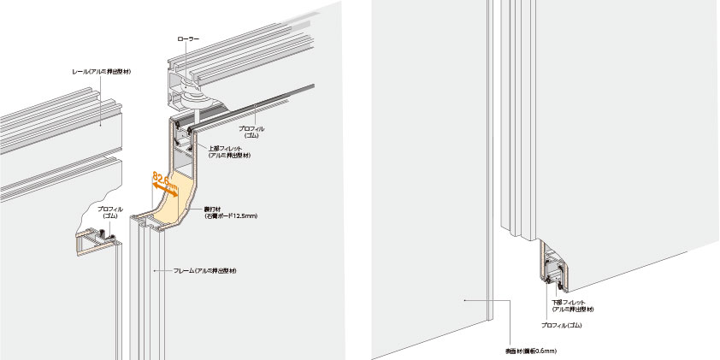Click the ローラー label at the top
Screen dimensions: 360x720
click(188, 38)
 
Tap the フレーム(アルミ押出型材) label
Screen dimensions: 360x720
click(205, 271)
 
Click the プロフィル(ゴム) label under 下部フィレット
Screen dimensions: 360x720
click(562, 326)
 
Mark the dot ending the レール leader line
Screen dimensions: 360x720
click(100, 127)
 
